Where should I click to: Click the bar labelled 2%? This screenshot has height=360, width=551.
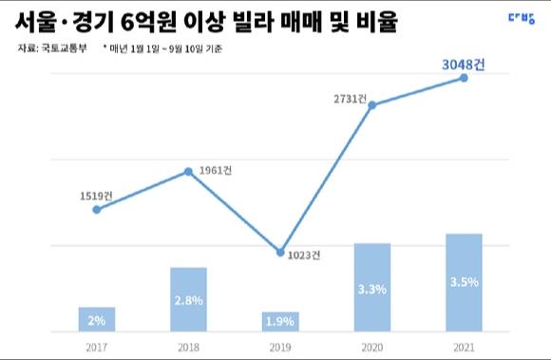[x=97, y=320]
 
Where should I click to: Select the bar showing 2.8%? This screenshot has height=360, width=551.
[x=188, y=300]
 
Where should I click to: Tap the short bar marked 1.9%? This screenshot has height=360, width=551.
[x=279, y=322]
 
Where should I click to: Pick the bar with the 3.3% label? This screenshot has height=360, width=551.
[x=371, y=288]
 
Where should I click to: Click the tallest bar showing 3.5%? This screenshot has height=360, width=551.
[x=464, y=283]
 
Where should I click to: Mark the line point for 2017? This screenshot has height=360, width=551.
[x=97, y=209]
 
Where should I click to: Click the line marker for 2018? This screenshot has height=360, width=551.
[x=188, y=171]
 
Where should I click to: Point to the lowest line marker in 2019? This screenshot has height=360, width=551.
[x=279, y=252]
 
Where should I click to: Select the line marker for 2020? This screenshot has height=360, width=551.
[x=371, y=104]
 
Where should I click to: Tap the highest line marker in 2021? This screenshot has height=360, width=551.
[x=464, y=78]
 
